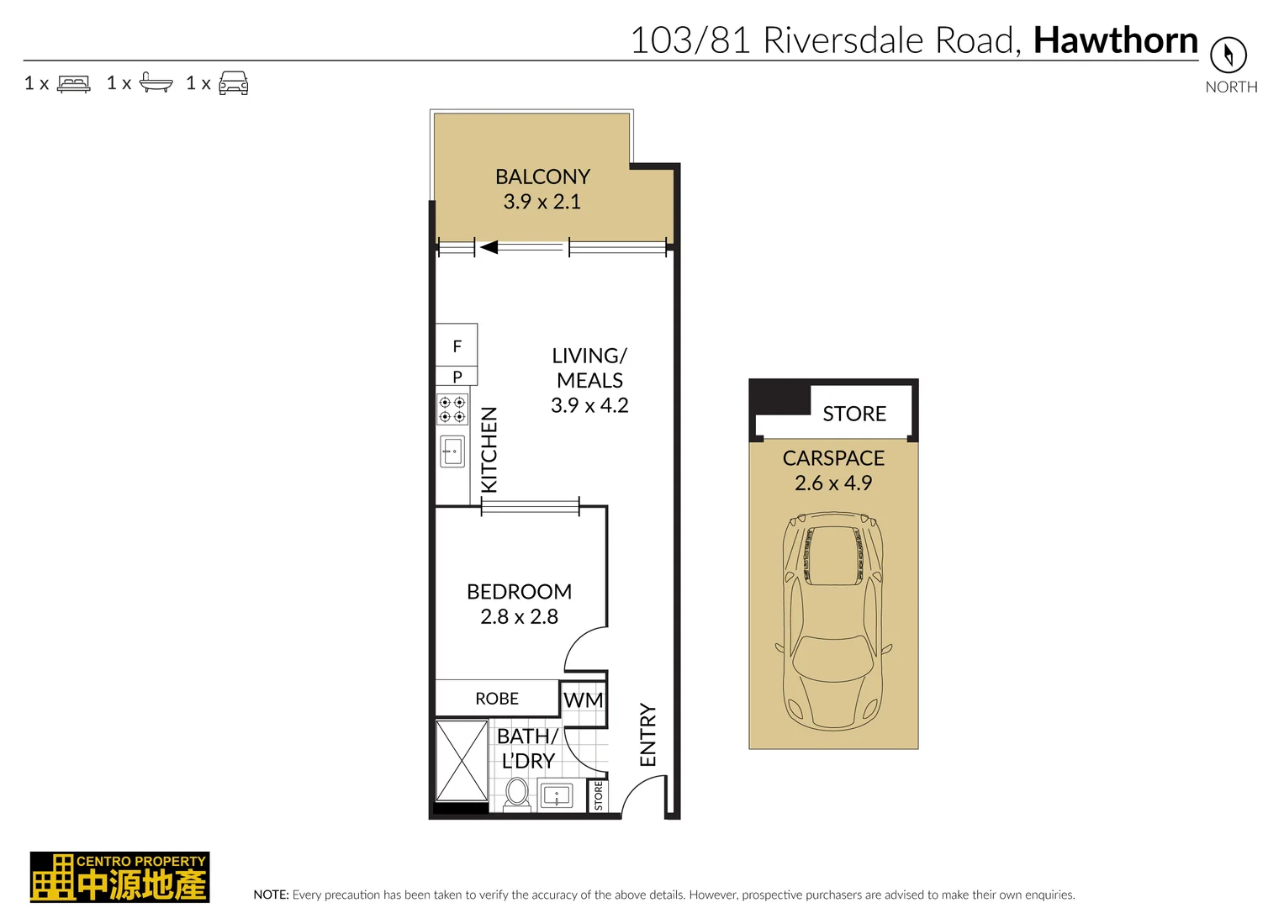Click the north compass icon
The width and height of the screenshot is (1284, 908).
pyautogui.click(x=1228, y=55)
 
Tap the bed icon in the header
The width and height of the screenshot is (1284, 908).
pyautogui.click(x=74, y=83)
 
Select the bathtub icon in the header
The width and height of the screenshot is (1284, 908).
pyautogui.click(x=156, y=82)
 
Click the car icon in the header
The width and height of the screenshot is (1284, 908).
pyautogui.click(x=233, y=83)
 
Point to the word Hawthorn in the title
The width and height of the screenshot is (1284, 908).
pyautogui.click(x=1115, y=40)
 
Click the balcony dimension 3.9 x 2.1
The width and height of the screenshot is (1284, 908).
pyautogui.click(x=542, y=202)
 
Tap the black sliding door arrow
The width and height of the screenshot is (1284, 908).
pyautogui.click(x=489, y=247)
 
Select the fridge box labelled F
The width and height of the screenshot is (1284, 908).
pyautogui.click(x=457, y=346)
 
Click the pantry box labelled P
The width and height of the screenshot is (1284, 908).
pyautogui.click(x=457, y=377)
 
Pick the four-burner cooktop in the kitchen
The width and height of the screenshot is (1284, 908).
pyautogui.click(x=452, y=409)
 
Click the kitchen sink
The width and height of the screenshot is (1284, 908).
pyautogui.click(x=452, y=451)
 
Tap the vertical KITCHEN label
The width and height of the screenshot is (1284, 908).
pyautogui.click(x=489, y=450)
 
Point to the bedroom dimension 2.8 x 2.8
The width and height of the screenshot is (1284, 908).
pyautogui.click(x=519, y=617)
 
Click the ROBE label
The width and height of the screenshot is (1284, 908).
pyautogui.click(x=497, y=699)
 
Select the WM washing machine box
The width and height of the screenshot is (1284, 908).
pyautogui.click(x=584, y=700)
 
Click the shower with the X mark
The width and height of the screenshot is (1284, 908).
pyautogui.click(x=462, y=761)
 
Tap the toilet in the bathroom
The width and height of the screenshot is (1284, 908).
pyautogui.click(x=517, y=793)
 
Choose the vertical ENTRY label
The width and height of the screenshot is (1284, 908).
pyautogui.click(x=647, y=735)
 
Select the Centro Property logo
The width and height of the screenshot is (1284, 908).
pyautogui.click(x=119, y=877)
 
